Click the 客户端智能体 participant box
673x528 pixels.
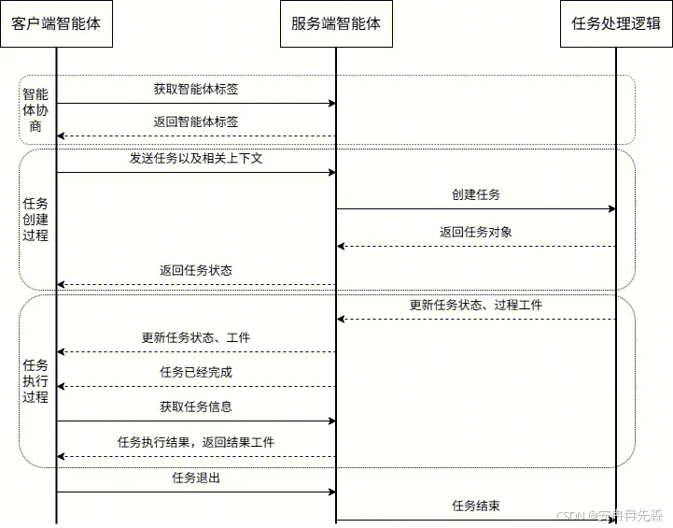56,24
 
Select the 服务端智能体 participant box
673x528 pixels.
336,24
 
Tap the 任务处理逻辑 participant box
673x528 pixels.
616,24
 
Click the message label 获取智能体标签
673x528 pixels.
196,90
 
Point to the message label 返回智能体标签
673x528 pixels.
196,121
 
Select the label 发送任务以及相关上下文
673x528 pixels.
196,158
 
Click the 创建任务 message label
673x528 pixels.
476,194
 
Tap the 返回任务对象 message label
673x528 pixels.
476,232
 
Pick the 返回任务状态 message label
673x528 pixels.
196,270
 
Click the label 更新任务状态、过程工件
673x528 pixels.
476,305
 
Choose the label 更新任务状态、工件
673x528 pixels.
196,337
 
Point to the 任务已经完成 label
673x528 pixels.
196,372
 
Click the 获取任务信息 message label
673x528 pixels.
196,407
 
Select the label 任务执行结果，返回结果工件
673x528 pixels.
196,442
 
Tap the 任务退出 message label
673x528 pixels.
196,478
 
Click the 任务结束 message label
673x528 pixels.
476,506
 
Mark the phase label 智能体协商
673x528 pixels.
35,110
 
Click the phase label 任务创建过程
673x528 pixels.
35,219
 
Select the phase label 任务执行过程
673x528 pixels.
35,381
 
